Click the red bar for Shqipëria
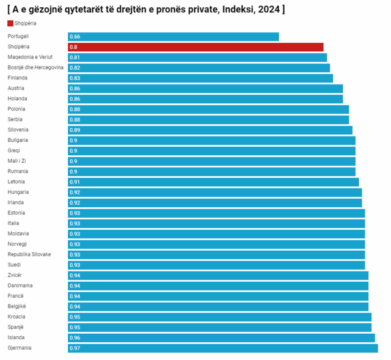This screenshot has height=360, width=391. pos(195,47)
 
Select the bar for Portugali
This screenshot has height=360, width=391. pos(173,37)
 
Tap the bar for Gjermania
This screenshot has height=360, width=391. pos(222,348)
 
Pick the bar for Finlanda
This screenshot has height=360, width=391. pos(200,78)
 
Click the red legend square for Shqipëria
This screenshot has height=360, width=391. pos(10,23)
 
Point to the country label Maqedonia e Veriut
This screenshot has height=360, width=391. pos(34,57)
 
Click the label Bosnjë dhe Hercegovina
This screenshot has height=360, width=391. pos(35,68)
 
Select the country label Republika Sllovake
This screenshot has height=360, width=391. pos(29,255)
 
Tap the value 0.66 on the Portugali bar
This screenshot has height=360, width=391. pos(75,37)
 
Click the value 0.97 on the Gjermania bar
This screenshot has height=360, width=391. pos(75,348)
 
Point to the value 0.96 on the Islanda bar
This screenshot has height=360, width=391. pos(75,338)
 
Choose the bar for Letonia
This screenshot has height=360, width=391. pos(213,182)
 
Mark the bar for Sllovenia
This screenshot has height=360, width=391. pos(210,130)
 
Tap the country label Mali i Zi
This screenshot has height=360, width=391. pos(17,161)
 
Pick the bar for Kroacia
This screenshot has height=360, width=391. pos(219,317)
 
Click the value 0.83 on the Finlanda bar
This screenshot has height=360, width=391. pos(75,78)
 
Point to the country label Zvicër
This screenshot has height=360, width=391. pos(15,276)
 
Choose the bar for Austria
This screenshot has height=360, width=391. pos(205,89)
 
